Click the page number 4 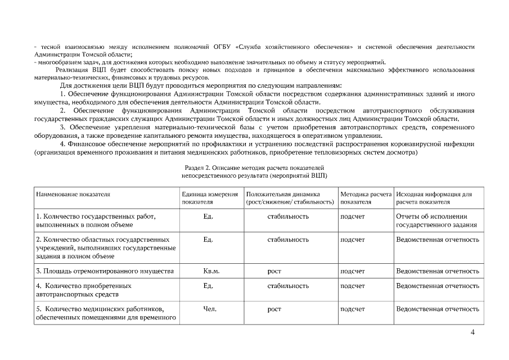click(x=472, y=332)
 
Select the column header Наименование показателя click(x=73, y=194)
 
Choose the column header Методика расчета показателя click(x=366, y=197)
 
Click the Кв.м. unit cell click(x=211, y=271)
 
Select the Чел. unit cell click(x=208, y=309)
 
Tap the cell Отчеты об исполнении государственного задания click(x=436, y=220)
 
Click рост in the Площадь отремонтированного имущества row click(x=274, y=271)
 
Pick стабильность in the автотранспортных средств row click(x=288, y=286)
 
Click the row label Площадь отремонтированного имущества click(x=105, y=271)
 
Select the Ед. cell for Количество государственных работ click(x=208, y=216)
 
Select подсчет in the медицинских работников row click(x=353, y=309)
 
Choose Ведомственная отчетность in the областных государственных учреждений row click(x=438, y=240)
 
